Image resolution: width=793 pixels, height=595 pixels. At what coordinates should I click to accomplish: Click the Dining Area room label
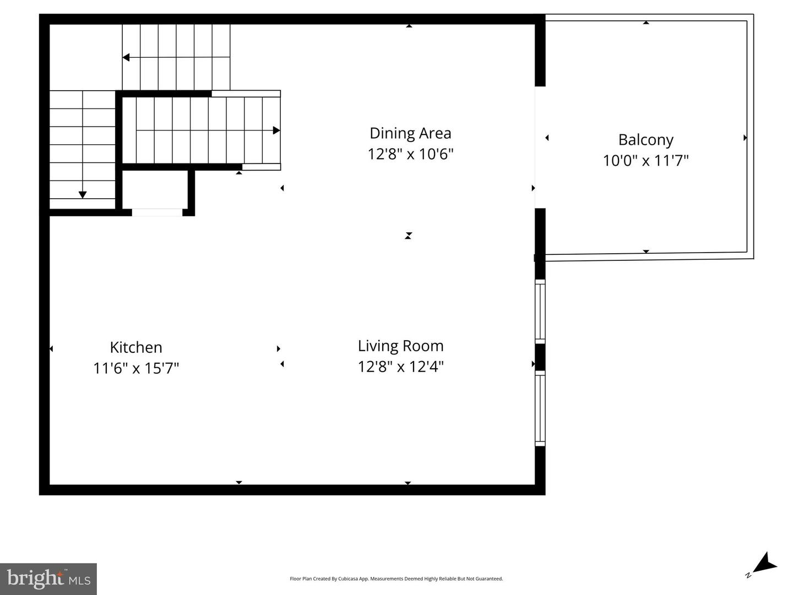[410, 133]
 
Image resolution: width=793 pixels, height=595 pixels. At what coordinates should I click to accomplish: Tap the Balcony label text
[645, 140]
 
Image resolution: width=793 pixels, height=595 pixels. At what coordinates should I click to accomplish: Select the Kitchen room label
[136, 347]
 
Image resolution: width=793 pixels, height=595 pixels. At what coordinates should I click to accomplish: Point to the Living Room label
[400, 346]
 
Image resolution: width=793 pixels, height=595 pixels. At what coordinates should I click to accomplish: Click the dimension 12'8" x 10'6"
[410, 154]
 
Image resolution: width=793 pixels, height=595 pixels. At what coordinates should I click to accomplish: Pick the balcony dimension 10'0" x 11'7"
[645, 160]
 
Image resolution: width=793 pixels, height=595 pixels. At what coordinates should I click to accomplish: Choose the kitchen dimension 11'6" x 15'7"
[136, 368]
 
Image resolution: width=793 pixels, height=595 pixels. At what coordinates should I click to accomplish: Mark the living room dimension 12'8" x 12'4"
[400, 366]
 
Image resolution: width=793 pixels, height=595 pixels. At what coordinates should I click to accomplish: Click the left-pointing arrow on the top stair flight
[126, 57]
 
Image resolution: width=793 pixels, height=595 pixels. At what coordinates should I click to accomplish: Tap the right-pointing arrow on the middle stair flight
[276, 130]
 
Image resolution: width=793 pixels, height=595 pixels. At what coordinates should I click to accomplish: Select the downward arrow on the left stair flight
[83, 194]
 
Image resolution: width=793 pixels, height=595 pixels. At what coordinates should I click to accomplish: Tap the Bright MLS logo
[48, 578]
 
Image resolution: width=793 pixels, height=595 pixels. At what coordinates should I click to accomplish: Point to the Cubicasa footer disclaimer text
[396, 578]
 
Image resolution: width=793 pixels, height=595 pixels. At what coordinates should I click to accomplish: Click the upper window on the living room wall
[540, 312]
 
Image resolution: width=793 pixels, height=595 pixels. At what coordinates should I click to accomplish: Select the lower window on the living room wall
[540, 408]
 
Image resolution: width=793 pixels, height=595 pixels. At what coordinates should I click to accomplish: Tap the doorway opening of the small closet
[157, 212]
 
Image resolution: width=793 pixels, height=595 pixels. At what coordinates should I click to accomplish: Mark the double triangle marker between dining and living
[408, 236]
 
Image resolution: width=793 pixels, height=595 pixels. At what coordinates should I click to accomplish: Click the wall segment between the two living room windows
[540, 357]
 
